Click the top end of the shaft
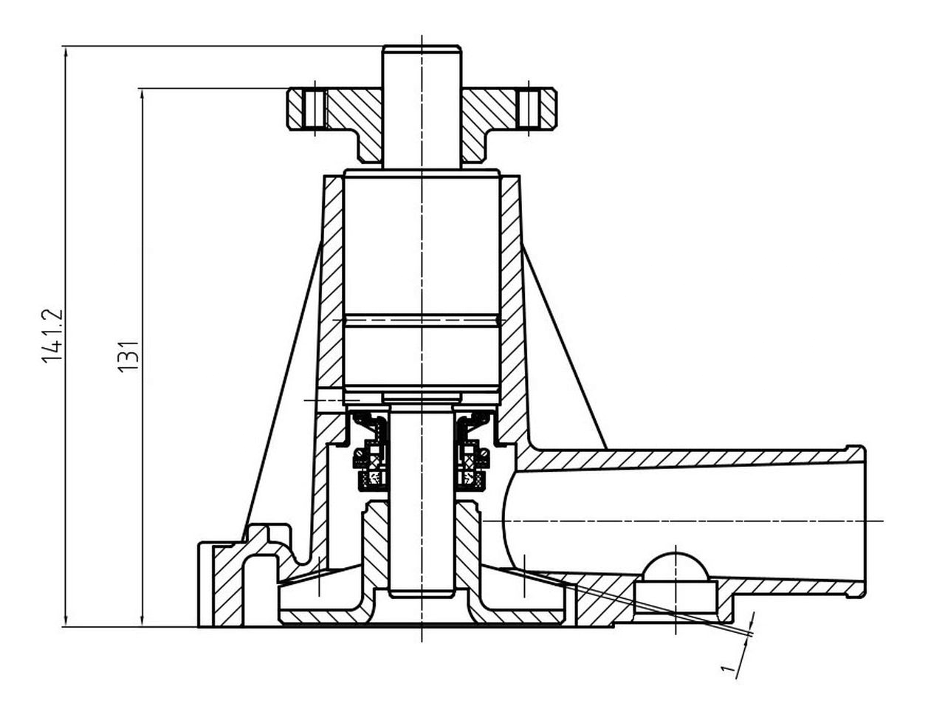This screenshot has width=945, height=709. (422, 47)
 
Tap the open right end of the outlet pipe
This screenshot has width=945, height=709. (863, 521)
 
